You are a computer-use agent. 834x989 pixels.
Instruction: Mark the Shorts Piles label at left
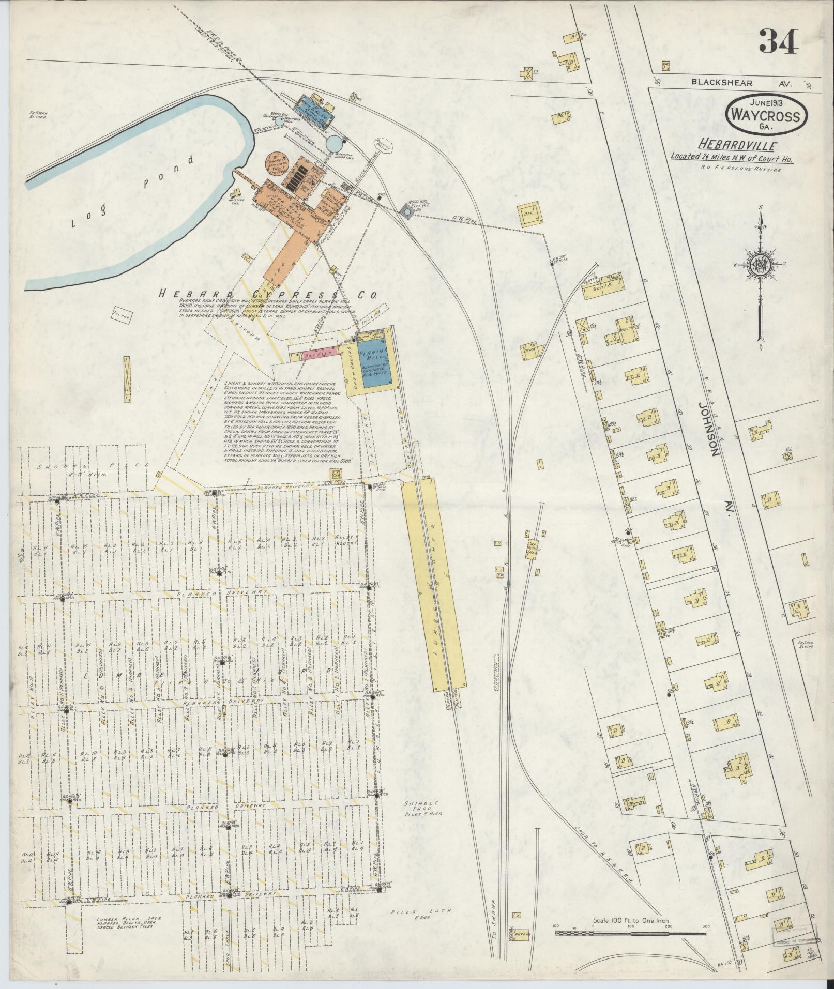(84, 466)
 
